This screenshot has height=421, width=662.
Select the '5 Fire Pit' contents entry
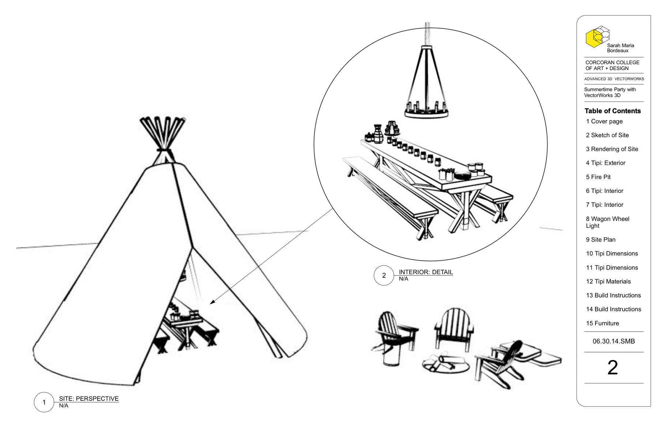(598, 177)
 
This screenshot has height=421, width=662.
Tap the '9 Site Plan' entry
(601, 240)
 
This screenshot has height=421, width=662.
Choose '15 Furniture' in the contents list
(602, 323)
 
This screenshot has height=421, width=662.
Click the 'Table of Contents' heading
(613, 111)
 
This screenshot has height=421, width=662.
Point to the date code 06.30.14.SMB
(614, 341)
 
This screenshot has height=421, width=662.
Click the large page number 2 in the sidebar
(613, 368)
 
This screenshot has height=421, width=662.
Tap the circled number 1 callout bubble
(44, 402)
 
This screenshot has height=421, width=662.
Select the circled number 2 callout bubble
(384, 276)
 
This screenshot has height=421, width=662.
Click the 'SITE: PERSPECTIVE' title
(89, 399)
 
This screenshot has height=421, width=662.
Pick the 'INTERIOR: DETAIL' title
(426, 272)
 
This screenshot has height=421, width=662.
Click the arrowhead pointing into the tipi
(212, 302)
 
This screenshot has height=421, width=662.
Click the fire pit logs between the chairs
(445, 363)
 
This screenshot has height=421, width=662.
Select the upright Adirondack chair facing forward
(454, 328)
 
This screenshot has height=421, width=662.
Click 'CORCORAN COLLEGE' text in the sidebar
(612, 62)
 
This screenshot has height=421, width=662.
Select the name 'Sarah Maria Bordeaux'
(620, 48)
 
